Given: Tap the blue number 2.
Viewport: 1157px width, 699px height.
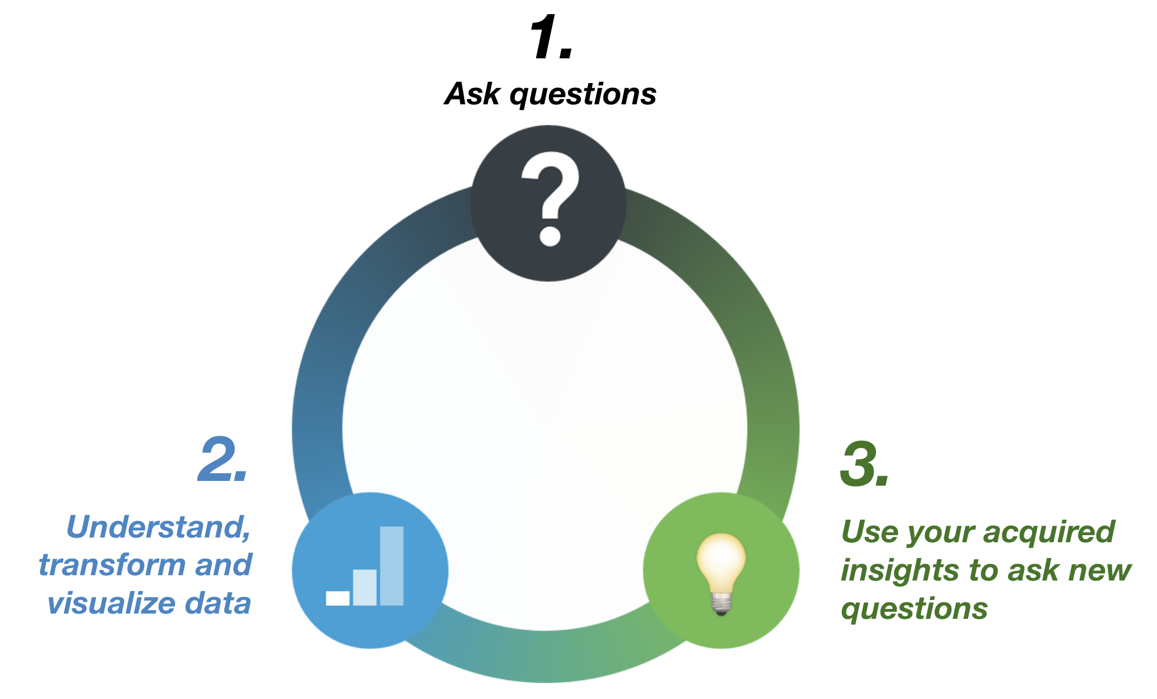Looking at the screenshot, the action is click(217, 460).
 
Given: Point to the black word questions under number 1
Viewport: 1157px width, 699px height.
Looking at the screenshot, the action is click(583, 96).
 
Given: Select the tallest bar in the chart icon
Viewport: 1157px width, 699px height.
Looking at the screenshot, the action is click(392, 566).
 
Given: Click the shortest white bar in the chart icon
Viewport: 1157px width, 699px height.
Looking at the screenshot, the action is click(338, 598).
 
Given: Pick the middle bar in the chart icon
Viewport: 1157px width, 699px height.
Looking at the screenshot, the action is click(365, 588).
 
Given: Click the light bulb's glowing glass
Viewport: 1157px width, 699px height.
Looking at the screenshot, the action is click(721, 560).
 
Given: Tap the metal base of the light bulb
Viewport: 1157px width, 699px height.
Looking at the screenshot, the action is click(722, 604).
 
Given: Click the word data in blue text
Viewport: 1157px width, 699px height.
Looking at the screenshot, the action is click(218, 603).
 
